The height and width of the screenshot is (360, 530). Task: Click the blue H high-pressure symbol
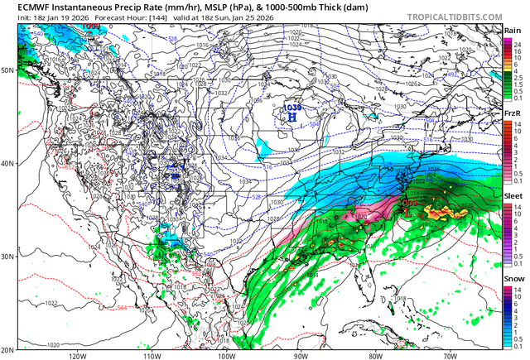pos(291,118)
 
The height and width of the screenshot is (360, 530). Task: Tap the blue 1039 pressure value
pos(292,108)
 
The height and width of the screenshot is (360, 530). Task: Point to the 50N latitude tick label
pos(8,70)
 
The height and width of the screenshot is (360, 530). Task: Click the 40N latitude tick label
pos(8,163)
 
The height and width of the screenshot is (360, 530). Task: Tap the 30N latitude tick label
pos(8,256)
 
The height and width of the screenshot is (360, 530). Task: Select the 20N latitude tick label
pos(8,348)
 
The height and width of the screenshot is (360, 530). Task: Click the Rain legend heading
pos(512,31)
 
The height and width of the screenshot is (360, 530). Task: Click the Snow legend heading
pos(512,279)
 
